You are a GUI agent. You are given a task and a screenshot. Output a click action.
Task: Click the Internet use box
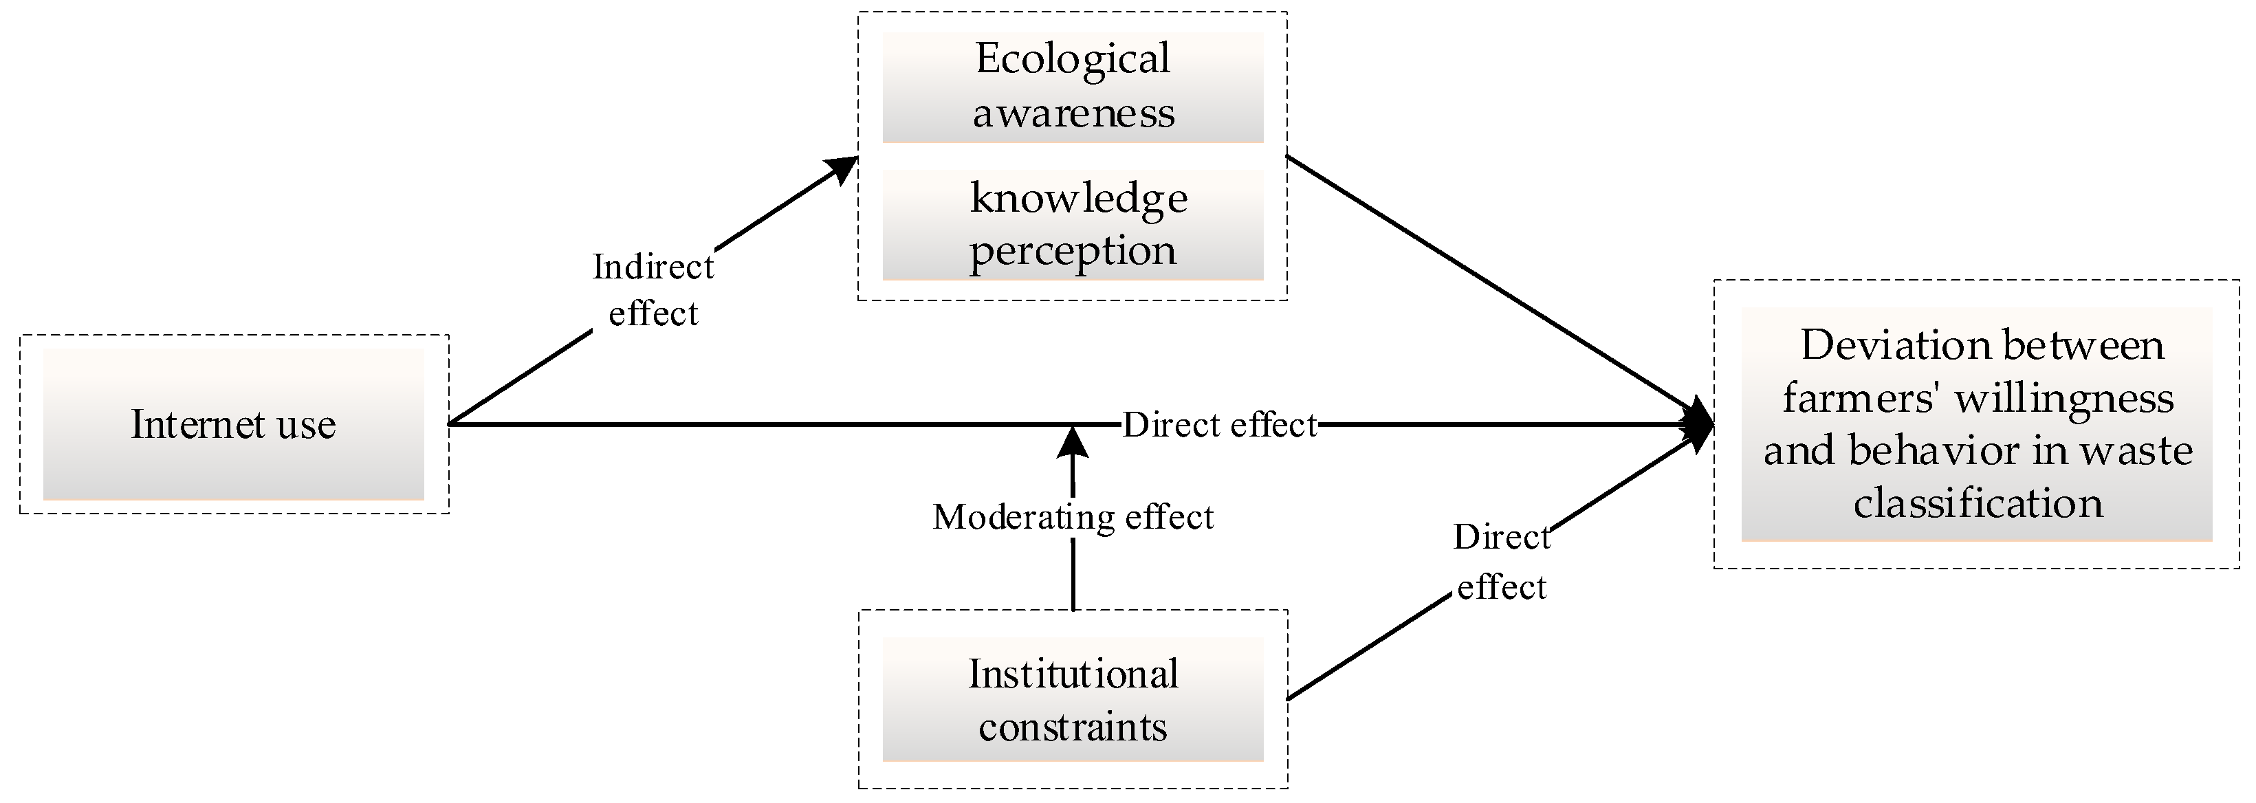coord(233,425)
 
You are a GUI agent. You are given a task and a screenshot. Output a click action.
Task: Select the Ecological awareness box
coord(1072,87)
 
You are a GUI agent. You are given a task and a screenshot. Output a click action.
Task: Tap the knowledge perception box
coord(1072,224)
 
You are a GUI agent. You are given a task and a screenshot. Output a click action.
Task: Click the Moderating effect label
coord(1073,518)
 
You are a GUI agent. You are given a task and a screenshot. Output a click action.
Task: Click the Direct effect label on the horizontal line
coord(1220,426)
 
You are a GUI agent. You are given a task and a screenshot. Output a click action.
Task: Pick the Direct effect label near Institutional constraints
coord(1502,561)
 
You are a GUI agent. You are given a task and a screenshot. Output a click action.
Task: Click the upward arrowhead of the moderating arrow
coord(1073,442)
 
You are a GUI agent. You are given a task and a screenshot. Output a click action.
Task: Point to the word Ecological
coord(1072,60)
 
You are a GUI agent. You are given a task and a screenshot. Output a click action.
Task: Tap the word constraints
coord(1072,727)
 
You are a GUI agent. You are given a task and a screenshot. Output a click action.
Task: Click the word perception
coord(1072,252)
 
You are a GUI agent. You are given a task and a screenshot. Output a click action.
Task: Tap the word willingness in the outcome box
coord(2064,399)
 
